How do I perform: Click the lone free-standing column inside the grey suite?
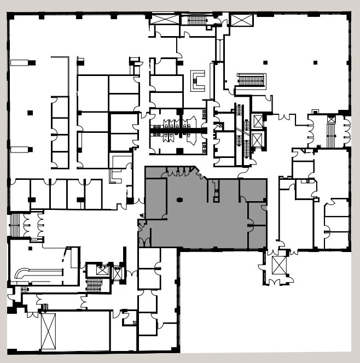pyautogui.click(x=179, y=200)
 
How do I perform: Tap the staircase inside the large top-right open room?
pyautogui.click(x=251, y=80)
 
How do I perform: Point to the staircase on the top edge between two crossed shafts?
pyautogui.click(x=197, y=20)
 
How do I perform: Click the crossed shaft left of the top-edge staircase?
pyautogui.click(x=165, y=19)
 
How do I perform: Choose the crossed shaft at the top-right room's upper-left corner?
pyautogui.click(x=241, y=20)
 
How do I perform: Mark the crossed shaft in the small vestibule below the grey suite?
pyautogui.click(x=279, y=265)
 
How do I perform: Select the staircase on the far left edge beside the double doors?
pyautogui.click(x=15, y=225)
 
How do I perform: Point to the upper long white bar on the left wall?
pyautogui.click(x=20, y=63)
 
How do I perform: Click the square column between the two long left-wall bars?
pyautogui.click(x=30, y=113)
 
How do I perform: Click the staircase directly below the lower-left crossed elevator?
pyautogui.click(x=95, y=285)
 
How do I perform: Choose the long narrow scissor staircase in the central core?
pyautogui.click(x=239, y=134)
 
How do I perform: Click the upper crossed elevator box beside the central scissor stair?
pyautogui.click(x=258, y=121)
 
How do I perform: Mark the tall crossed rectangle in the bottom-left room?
pyautogui.click(x=48, y=331)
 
